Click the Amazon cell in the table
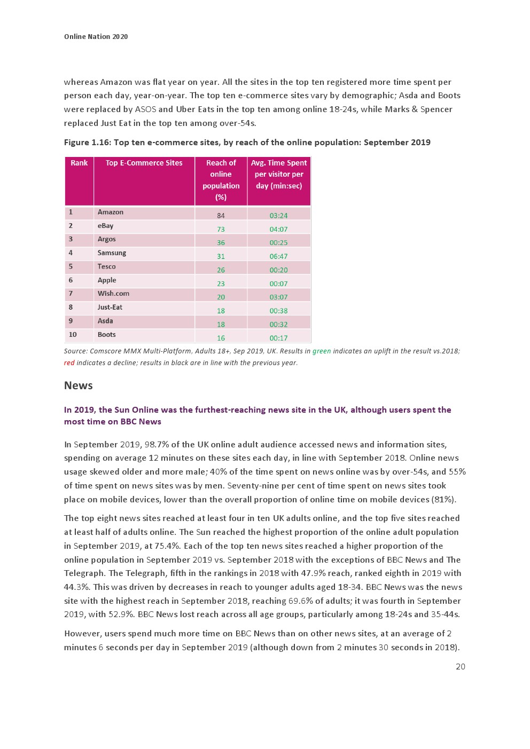click(111, 212)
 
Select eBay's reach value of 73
click(221, 230)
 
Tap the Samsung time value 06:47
click(278, 257)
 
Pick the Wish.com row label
click(113, 294)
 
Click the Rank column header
click(79, 163)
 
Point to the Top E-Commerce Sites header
click(144, 163)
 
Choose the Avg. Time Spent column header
click(279, 175)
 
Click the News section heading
click(79, 385)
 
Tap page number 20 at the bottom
click(460, 667)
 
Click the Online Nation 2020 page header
click(96, 37)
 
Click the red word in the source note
click(69, 363)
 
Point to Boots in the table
click(107, 335)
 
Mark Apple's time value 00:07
click(278, 284)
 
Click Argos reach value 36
click(221, 243)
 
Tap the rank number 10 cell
click(73, 335)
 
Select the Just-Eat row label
click(110, 308)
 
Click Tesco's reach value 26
click(221, 270)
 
